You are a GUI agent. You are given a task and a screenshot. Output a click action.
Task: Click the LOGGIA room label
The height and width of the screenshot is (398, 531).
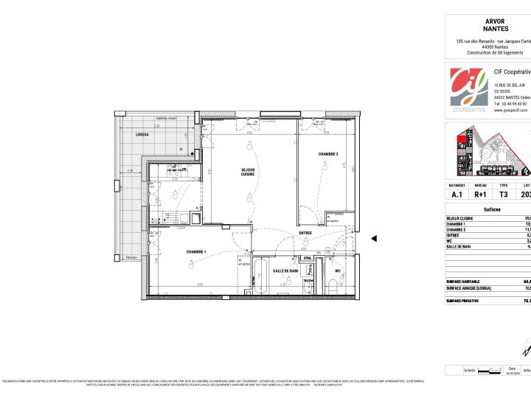pyautogui.click(x=142, y=135)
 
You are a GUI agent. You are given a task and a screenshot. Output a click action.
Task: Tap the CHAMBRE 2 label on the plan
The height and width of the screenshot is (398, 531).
pyautogui.click(x=328, y=154)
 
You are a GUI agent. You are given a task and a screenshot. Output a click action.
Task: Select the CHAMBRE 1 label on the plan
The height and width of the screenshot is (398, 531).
pyautogui.click(x=195, y=252)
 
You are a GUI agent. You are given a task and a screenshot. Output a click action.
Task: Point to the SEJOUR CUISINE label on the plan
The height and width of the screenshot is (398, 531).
pyautogui.click(x=248, y=172)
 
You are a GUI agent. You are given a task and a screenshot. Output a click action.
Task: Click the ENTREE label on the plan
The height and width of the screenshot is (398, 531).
pyautogui.click(x=305, y=234)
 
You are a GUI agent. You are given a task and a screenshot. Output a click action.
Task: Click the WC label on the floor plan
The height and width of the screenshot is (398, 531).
pyautogui.click(x=338, y=270)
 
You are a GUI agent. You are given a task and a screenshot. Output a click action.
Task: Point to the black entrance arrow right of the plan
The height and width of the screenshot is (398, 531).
pyautogui.click(x=374, y=238)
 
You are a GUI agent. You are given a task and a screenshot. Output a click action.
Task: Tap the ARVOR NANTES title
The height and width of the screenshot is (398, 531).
pyautogui.click(x=495, y=25)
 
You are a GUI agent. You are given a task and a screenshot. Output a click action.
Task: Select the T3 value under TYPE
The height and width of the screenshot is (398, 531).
pyautogui.click(x=504, y=195)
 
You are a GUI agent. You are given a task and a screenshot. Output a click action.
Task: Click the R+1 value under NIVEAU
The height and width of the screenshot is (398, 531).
pyautogui.click(x=481, y=195)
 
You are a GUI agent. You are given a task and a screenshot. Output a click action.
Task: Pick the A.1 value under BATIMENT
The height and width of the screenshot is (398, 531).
pyautogui.click(x=457, y=195)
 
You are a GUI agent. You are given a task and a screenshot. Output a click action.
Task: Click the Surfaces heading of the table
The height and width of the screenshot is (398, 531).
pyautogui.click(x=492, y=210)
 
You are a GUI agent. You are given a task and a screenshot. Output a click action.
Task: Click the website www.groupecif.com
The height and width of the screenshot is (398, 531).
pyautogui.click(x=510, y=110)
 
